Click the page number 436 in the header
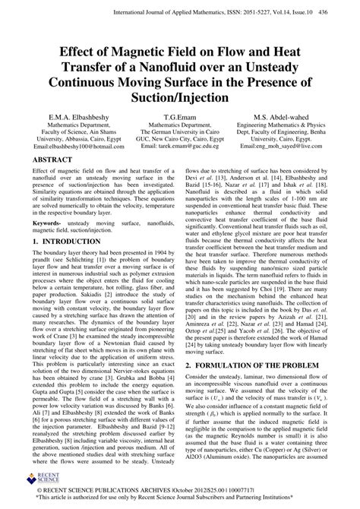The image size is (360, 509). coord(343,13)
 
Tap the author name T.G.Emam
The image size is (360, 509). coord(180,115)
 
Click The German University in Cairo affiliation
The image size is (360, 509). coord(180,133)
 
